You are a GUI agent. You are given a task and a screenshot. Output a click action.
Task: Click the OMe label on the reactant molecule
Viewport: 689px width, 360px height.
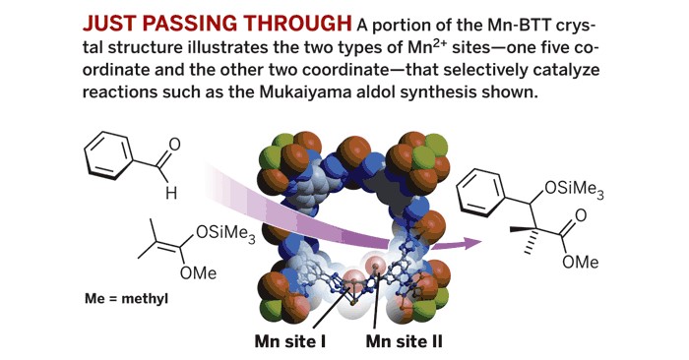coord(198,272)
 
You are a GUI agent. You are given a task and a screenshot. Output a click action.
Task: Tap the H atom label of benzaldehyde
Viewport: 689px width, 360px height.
coord(169,194)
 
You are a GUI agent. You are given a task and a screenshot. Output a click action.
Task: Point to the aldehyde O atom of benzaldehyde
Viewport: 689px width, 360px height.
coord(174,145)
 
